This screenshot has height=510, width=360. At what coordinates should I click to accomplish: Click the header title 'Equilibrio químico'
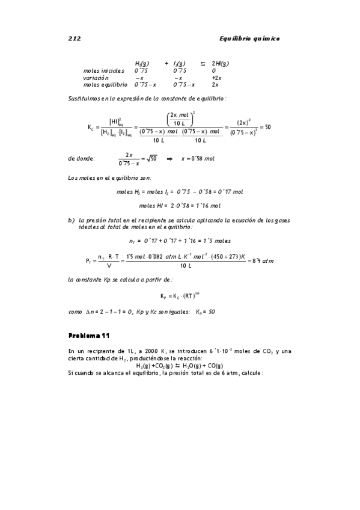pos(249,38)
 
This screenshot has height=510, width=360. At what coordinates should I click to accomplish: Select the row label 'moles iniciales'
pos(103,70)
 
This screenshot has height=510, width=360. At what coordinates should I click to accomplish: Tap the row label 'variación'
pos(96,78)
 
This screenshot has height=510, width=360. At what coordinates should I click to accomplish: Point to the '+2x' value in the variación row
pos(217,78)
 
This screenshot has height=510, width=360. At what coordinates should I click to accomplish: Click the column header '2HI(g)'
pos(220,63)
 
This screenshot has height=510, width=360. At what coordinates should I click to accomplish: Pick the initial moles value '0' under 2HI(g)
pos(214,70)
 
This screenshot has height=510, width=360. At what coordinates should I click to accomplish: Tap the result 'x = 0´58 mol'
pos(198,159)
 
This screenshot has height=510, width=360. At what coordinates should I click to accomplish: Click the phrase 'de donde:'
pos(81,159)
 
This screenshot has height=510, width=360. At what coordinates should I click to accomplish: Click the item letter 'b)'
pos(71,220)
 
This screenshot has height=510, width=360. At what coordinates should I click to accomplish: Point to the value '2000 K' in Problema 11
pos(162,351)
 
